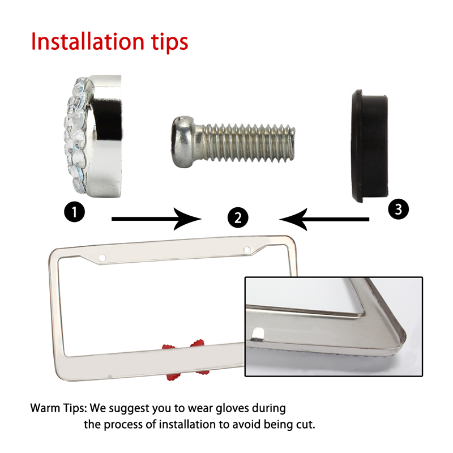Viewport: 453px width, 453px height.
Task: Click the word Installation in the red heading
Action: (88, 41)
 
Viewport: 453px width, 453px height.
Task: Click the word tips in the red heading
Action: (169, 43)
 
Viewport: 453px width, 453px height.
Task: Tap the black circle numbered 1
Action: (75, 212)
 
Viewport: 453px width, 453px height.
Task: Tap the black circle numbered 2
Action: (238, 217)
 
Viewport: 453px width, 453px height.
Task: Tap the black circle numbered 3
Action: (399, 209)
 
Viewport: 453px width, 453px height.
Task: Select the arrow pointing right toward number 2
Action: (156, 219)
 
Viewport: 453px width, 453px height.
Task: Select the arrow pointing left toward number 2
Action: (324, 219)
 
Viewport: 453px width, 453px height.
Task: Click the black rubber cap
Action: (370, 146)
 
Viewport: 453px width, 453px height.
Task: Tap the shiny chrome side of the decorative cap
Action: (105, 136)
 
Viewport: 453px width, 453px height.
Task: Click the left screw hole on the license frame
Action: (102, 258)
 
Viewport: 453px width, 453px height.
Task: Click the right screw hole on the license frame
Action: (247, 250)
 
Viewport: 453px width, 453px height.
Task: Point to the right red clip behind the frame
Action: (199, 356)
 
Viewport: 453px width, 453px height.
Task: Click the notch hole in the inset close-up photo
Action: (258, 334)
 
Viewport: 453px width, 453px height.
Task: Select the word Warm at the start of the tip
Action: (42, 408)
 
